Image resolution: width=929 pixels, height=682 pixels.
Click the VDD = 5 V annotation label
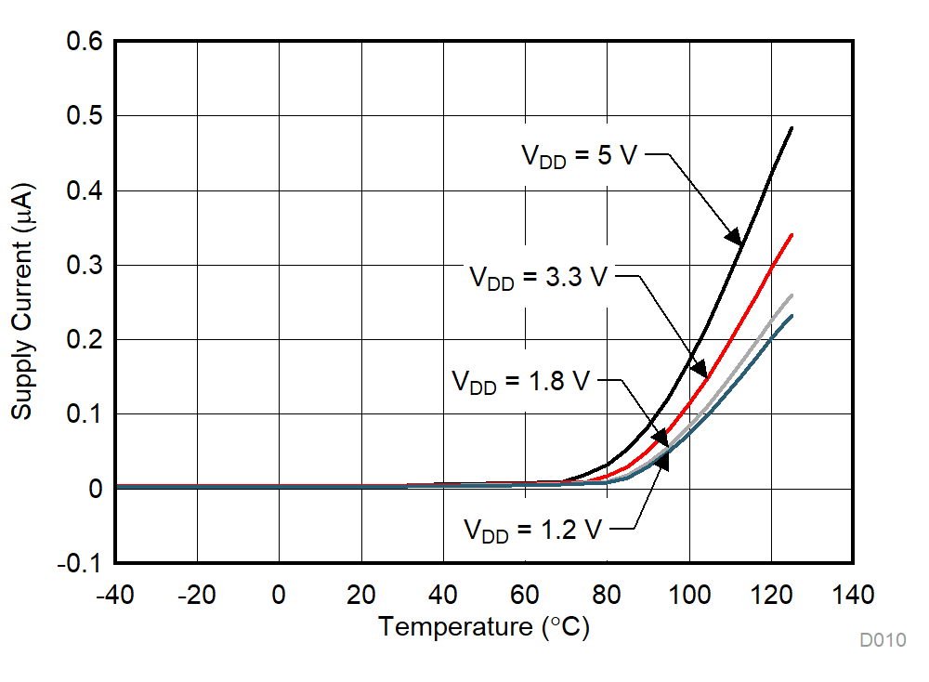(x=577, y=156)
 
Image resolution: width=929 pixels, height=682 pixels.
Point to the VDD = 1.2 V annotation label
(x=532, y=531)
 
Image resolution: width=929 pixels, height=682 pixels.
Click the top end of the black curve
(x=792, y=128)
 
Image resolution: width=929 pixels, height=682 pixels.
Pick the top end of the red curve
(x=792, y=235)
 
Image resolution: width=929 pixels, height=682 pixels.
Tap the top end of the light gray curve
(x=792, y=295)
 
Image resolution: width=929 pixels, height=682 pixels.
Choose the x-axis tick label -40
(x=115, y=595)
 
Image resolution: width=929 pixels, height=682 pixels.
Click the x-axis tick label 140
(x=853, y=595)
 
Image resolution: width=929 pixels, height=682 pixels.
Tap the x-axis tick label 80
(x=607, y=595)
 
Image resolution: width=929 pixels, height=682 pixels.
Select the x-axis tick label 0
(x=279, y=595)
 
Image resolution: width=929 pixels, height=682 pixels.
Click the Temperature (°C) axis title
(x=483, y=627)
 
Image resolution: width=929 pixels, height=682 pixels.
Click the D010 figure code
(x=882, y=639)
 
